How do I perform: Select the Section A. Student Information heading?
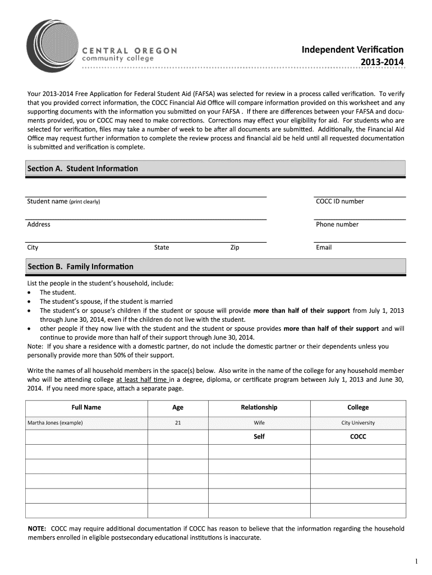click(x=82, y=168)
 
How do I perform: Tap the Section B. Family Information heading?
click(x=80, y=266)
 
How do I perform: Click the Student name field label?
click(x=63, y=202)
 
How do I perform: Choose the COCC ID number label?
click(x=340, y=202)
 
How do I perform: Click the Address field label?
click(x=39, y=225)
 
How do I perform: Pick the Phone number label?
click(x=337, y=225)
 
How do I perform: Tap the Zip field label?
click(x=235, y=248)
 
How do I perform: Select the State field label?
click(x=162, y=248)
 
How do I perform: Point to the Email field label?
click(x=324, y=248)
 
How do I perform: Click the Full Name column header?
click(x=86, y=408)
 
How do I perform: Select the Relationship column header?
click(x=259, y=408)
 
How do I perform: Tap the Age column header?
click(x=178, y=408)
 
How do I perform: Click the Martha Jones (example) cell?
click(x=55, y=423)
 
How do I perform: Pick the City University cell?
click(x=358, y=423)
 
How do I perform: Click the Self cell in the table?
click(x=259, y=436)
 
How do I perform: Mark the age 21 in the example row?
click(x=178, y=423)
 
